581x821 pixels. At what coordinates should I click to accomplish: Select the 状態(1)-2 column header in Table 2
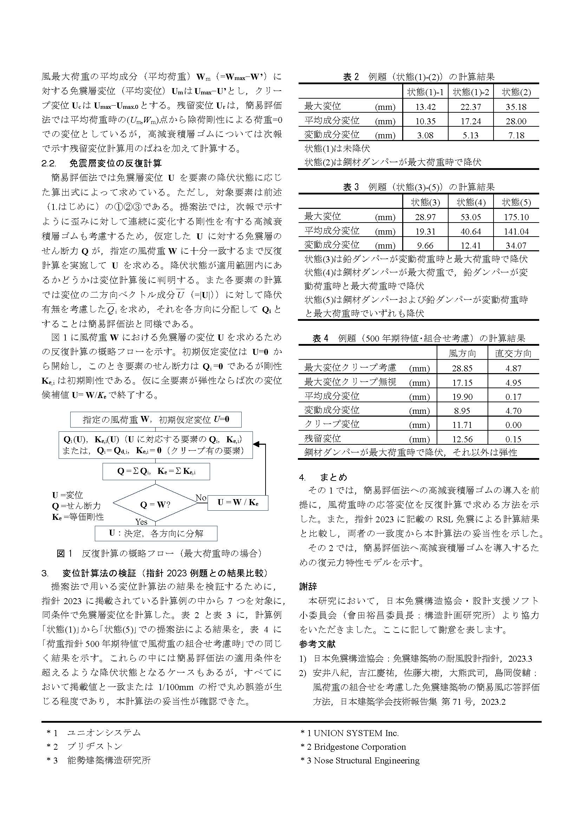pos(470,92)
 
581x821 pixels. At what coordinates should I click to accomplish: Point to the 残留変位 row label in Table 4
pos(322,438)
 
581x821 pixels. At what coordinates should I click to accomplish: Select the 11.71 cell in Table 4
pos(462,425)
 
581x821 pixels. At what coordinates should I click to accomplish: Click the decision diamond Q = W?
pos(155,504)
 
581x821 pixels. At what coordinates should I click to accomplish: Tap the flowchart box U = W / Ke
pos(237,502)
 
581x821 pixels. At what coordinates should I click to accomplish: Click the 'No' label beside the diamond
pos(201,498)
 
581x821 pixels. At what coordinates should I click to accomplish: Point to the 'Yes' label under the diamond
pos(141,522)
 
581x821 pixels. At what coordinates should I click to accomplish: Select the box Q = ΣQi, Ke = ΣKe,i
pos(156,471)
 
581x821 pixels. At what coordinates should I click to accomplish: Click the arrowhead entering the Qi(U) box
pos(256,444)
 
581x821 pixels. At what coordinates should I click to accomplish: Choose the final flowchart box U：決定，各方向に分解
pos(156,534)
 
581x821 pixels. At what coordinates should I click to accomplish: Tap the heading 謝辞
pos(308,587)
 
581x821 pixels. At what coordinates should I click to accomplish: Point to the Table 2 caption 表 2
pos(351,77)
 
